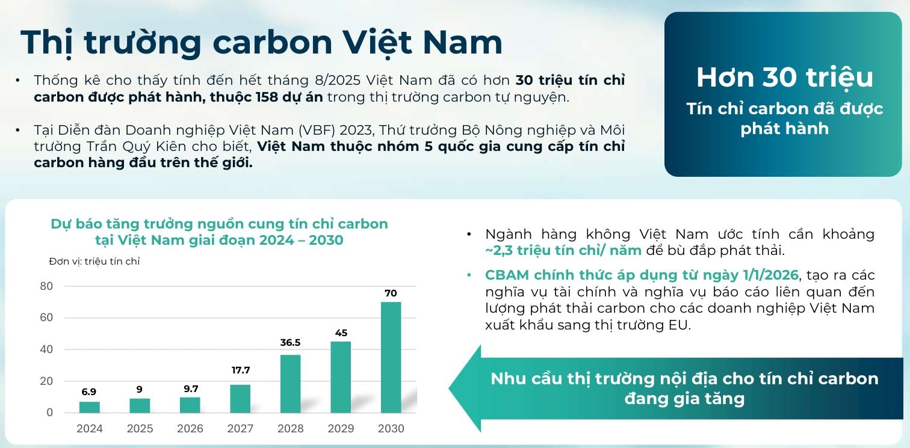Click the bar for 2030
click(x=391, y=357)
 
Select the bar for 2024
click(x=89, y=407)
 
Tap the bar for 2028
click(x=290, y=384)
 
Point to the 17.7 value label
click(x=240, y=370)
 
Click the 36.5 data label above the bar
click(x=290, y=343)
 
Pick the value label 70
click(x=391, y=293)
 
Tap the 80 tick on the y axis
click(x=46, y=286)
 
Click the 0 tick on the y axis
click(x=50, y=413)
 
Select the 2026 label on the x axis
click(x=190, y=429)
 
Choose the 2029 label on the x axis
click(x=341, y=429)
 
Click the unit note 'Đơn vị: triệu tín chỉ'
click(x=94, y=261)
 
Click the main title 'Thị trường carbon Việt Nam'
click(x=261, y=42)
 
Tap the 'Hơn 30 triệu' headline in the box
click(x=784, y=77)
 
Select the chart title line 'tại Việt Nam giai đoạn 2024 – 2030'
click(x=219, y=240)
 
